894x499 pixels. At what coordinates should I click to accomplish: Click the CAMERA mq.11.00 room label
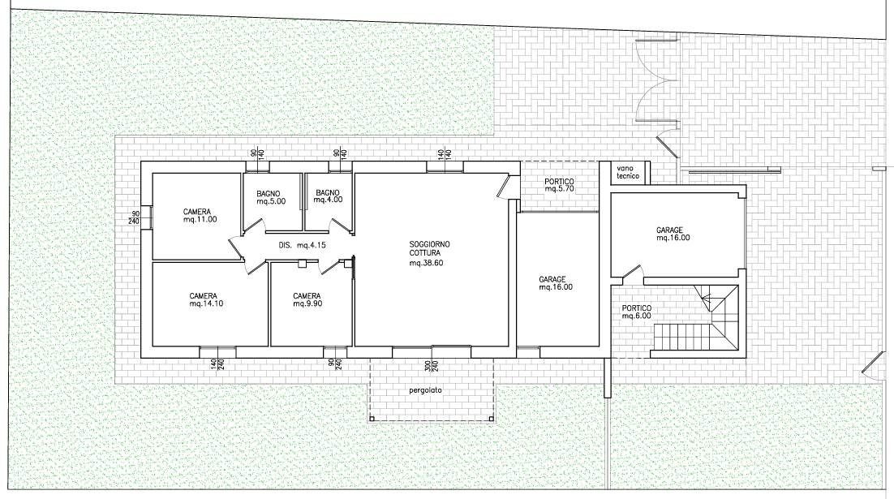[200, 216]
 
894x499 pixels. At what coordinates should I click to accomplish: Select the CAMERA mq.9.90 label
[307, 300]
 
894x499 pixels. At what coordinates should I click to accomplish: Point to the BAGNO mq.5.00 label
[271, 197]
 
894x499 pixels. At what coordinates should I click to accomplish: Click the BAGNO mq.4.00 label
[329, 196]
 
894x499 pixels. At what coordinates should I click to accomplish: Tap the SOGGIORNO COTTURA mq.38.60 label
[429, 253]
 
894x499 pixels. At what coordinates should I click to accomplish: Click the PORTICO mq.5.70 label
[559, 185]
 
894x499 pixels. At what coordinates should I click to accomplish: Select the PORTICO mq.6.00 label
[636, 312]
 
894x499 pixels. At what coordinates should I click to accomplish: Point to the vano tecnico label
[628, 172]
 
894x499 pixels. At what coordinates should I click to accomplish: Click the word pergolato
[425, 390]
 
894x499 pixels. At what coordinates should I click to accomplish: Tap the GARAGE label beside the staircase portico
[673, 234]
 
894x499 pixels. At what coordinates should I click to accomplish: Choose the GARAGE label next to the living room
[556, 283]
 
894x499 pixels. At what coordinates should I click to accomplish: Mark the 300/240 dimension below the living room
[431, 365]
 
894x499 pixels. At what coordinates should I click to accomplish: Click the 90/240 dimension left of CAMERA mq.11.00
[135, 217]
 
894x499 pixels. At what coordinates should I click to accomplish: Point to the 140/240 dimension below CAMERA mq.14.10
[217, 363]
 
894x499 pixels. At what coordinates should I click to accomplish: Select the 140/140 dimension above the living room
[445, 153]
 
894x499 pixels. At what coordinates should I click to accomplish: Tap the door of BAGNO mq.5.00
[254, 227]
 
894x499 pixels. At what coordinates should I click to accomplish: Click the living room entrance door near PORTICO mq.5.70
[504, 186]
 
